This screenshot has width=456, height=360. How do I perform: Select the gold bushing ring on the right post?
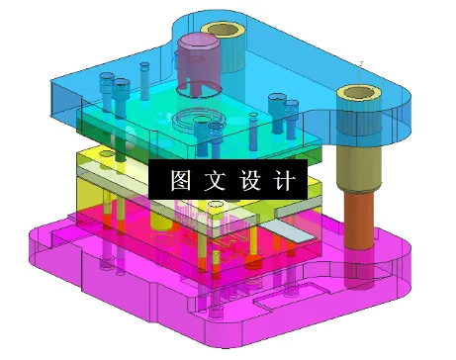coord(357,96)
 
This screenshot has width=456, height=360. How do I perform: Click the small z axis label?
coord(360,63)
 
